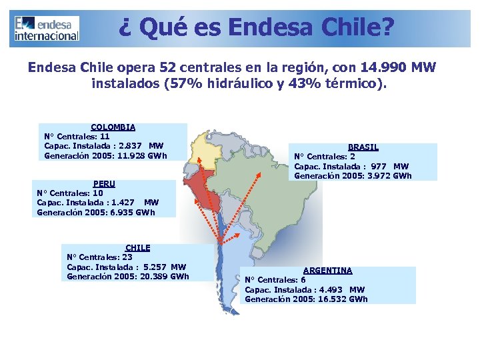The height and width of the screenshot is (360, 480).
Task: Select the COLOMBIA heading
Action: click(x=113, y=127)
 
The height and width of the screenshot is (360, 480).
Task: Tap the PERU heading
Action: click(x=104, y=183)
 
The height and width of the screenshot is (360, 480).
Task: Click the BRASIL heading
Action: click(x=363, y=147)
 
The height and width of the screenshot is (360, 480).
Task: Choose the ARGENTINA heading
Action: click(x=327, y=271)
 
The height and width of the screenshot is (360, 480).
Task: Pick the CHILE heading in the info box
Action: click(x=137, y=247)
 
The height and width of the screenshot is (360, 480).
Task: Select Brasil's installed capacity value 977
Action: click(x=378, y=167)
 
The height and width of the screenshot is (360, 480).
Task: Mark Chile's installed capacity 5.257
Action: click(x=155, y=267)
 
